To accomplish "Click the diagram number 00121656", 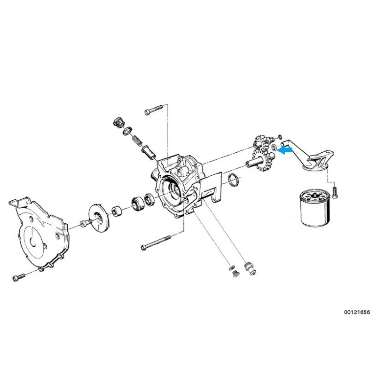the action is pyautogui.click(x=357, y=312).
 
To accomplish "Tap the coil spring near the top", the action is pyautogui.click(x=137, y=141).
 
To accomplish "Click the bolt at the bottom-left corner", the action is pyautogui.click(x=19, y=277).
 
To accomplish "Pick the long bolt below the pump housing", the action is pyautogui.click(x=156, y=242).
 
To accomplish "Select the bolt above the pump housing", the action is pyautogui.click(x=154, y=109).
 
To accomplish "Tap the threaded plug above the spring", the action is pyautogui.click(x=118, y=123).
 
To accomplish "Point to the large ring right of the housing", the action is pyautogui.click(x=233, y=180).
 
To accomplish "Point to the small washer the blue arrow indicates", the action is pyautogui.click(x=274, y=147).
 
